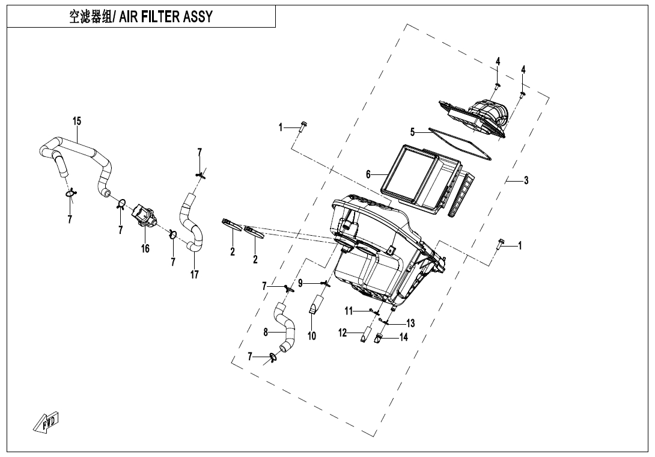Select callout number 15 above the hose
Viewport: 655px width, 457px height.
pos(77,121)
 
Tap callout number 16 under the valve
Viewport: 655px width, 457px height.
pos(145,248)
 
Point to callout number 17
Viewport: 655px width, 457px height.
pos(195,274)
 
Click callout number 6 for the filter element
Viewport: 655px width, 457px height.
pos(368,174)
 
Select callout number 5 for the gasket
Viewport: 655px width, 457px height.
pos(412,132)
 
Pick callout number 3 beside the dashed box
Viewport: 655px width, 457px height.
pos(526,180)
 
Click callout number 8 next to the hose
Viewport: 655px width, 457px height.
pos(266,332)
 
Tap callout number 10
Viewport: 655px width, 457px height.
pos(312,336)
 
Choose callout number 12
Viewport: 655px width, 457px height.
pos(343,333)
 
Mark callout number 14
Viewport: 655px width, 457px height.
pos(403,337)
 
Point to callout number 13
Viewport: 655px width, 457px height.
pos(410,323)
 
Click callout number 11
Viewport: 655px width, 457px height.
pos(349,310)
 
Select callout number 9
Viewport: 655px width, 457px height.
pos(301,283)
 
